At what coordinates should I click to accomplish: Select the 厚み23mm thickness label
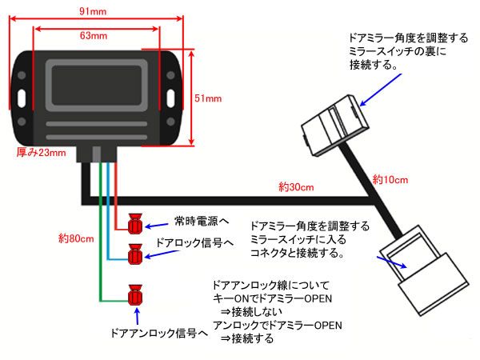click(x=42, y=152)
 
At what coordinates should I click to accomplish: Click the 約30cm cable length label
click(x=297, y=187)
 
